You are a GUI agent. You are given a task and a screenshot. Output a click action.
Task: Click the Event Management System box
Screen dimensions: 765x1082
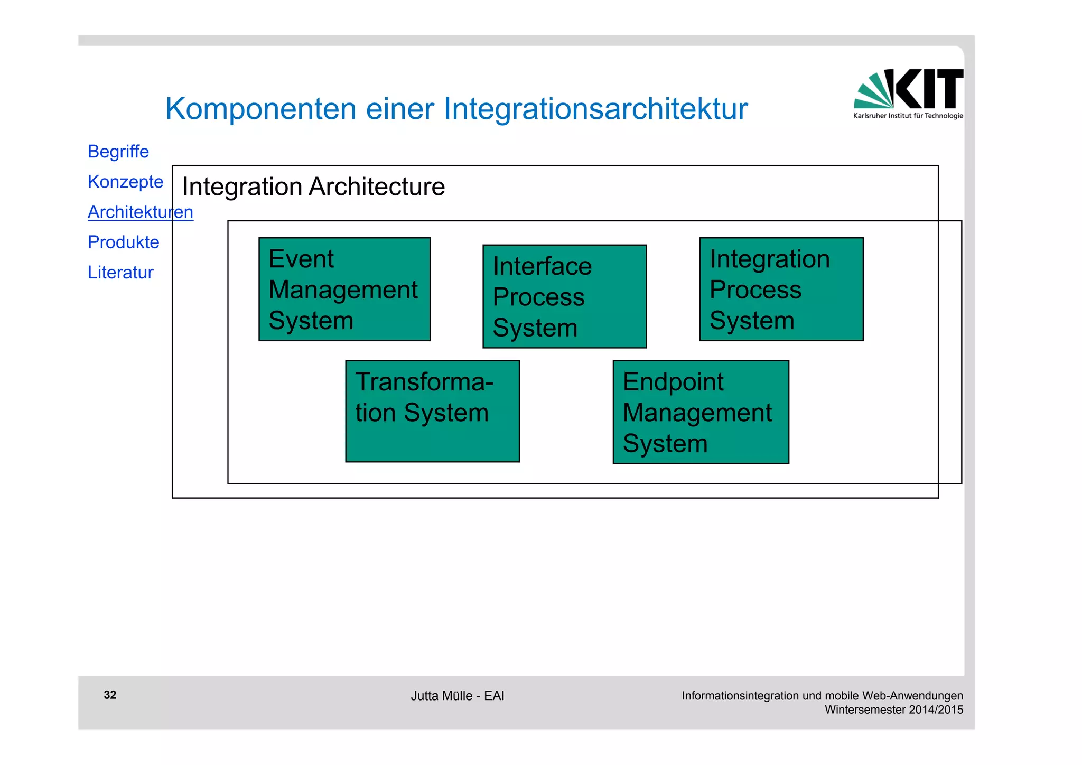(344, 289)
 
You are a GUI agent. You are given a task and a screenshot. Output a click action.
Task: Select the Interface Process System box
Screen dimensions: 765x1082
(564, 296)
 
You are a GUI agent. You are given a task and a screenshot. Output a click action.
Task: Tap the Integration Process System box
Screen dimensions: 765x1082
(781, 289)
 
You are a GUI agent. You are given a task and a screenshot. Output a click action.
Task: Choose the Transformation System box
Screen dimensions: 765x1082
(432, 411)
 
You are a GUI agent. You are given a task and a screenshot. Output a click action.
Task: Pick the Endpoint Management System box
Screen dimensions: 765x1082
(701, 412)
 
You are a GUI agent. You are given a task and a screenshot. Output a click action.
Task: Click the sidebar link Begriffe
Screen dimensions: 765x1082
(118, 152)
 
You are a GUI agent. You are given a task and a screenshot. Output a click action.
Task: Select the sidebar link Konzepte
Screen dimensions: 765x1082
(125, 182)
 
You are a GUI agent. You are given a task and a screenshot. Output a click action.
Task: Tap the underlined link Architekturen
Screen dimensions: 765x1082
(140, 212)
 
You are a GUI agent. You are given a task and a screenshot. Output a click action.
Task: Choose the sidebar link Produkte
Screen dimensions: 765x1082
(123, 242)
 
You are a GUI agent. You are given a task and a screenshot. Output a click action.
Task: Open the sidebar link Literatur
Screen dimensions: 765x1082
(120, 272)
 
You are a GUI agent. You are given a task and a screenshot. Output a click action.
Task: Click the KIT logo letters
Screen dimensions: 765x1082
(928, 88)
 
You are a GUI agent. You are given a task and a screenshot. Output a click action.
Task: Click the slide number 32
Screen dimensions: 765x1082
(110, 695)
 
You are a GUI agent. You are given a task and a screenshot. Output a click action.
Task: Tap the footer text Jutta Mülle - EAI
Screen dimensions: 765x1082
(457, 696)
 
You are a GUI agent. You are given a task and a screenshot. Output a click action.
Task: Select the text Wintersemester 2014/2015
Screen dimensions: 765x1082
(894, 710)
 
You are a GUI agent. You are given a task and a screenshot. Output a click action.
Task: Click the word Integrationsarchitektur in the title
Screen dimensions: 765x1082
(595, 109)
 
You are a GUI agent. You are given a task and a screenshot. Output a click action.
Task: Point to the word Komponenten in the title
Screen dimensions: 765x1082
(261, 109)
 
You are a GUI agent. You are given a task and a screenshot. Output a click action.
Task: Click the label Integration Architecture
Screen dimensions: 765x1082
(313, 186)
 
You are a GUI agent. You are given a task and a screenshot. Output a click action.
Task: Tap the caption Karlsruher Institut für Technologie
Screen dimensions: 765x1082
(908, 116)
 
